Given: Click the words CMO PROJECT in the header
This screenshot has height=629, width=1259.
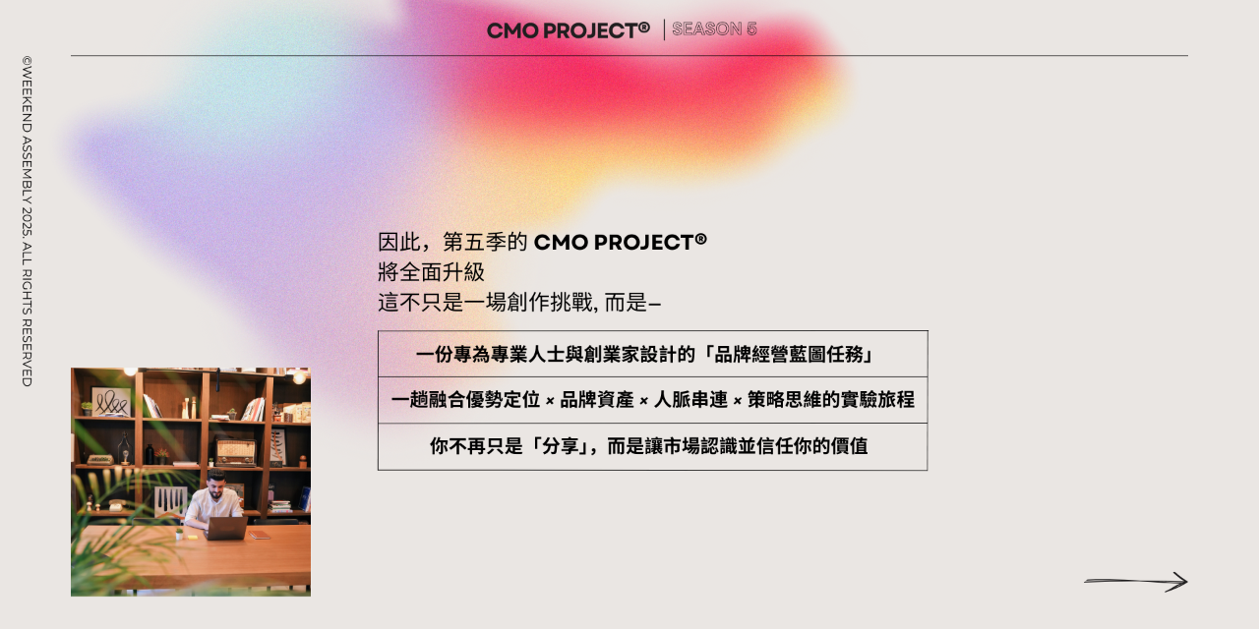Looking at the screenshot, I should [568, 29].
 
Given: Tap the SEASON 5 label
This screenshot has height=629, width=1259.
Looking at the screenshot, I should [714, 29].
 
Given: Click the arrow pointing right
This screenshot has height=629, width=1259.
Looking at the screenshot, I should [1136, 582].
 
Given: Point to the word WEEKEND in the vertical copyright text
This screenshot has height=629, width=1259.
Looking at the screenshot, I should [27, 98].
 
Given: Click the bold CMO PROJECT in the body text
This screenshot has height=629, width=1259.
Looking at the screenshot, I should [620, 242].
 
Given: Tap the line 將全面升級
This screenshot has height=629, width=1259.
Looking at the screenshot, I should [431, 272].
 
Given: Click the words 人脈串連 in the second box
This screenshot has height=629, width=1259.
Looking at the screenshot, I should [691, 400].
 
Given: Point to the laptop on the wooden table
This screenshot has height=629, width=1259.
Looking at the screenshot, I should [225, 528].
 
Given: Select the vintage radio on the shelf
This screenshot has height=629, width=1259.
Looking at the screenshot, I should [235, 452].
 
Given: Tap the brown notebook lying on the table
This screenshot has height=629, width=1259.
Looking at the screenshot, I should [260, 535].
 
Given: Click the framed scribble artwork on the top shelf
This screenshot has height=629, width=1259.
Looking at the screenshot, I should [110, 401].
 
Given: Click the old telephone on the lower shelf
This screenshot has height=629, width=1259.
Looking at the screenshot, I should [116, 505].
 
